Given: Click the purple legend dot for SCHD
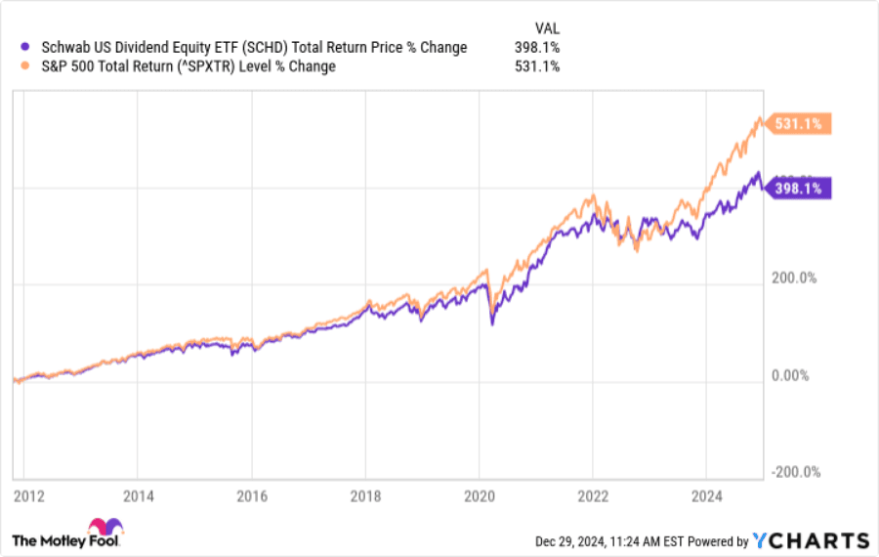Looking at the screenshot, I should pyautogui.click(x=23, y=47).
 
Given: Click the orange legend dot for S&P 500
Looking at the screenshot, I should pyautogui.click(x=23, y=66).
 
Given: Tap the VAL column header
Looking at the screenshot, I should pyautogui.click(x=547, y=27).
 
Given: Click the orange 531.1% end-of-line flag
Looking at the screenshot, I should pyautogui.click(x=800, y=124).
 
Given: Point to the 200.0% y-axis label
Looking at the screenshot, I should pyautogui.click(x=795, y=278).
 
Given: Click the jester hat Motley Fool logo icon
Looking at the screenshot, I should pyautogui.click(x=105, y=529).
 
